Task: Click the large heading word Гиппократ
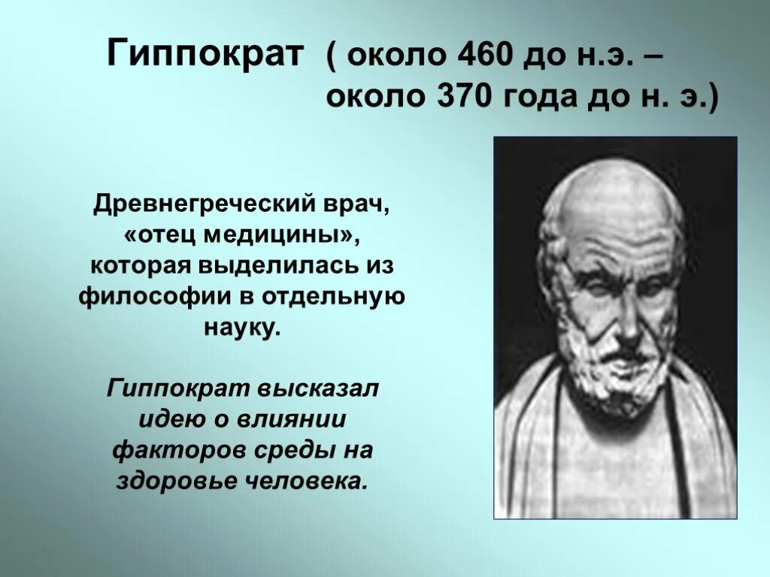click(x=205, y=56)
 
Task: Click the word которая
click(x=141, y=265)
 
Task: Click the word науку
click(x=241, y=328)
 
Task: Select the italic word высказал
click(x=320, y=389)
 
